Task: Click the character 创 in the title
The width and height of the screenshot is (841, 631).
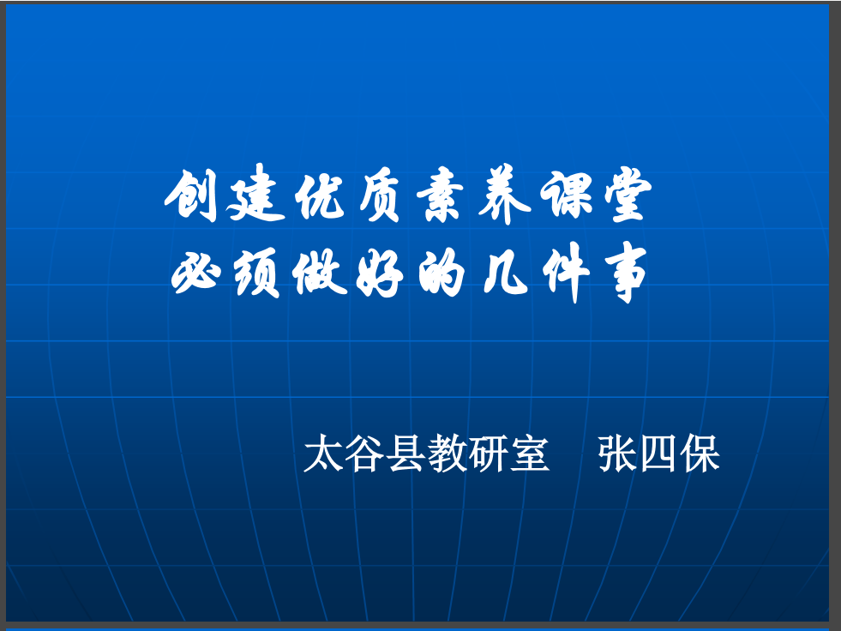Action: [x=191, y=195]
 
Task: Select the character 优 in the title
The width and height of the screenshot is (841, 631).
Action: [x=321, y=195]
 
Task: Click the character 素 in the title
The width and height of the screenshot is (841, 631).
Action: [x=441, y=195]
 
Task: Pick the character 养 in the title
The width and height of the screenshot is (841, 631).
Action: [x=504, y=194]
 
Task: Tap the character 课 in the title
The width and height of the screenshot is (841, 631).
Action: [x=567, y=194]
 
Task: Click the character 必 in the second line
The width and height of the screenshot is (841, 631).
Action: [x=196, y=273]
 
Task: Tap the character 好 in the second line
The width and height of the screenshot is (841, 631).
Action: [x=380, y=273]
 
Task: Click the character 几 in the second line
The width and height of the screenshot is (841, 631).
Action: [x=507, y=273]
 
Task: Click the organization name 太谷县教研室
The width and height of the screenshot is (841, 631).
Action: [x=426, y=454]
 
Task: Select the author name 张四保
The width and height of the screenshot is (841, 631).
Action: [x=658, y=454]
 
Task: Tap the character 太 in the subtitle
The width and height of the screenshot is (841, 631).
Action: [x=323, y=454]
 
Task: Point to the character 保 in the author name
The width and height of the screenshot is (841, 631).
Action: [x=700, y=454]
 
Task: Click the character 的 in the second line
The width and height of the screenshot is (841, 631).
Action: [x=442, y=273]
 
